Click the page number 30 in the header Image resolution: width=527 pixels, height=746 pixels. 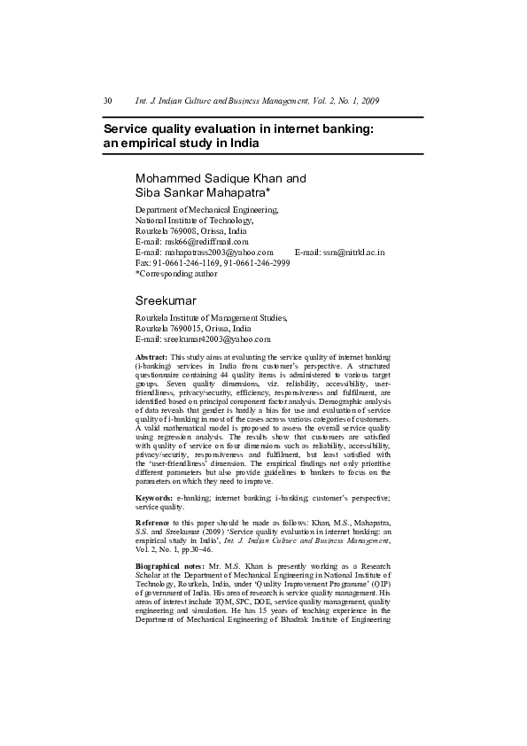pyautogui.click(x=108, y=101)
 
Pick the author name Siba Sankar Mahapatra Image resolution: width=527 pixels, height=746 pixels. pyautogui.click(x=201, y=192)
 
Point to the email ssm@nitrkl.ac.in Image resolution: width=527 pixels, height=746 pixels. pyautogui.click(x=353, y=252)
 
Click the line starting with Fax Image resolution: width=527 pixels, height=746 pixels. pyautogui.click(x=212, y=263)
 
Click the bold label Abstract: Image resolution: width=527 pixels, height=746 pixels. pyautogui.click(x=151, y=356)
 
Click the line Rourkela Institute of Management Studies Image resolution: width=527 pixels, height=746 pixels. pyautogui.click(x=211, y=317)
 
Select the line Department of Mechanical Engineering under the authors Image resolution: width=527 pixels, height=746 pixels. pyautogui.click(x=206, y=210)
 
